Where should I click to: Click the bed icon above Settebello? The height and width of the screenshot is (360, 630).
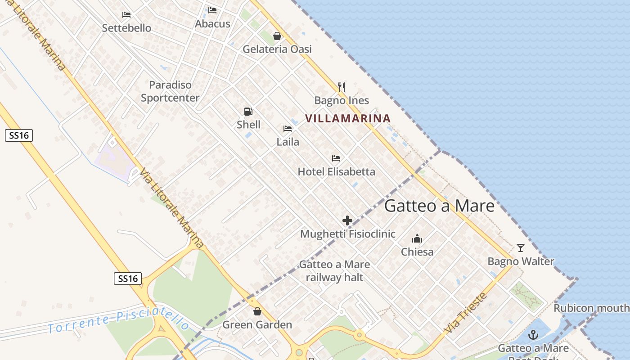pos(126,15)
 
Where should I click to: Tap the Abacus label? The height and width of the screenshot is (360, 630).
pos(212,24)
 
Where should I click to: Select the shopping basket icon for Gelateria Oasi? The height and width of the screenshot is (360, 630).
pos(277,36)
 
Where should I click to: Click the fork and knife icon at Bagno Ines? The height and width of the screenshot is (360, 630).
pos(342,87)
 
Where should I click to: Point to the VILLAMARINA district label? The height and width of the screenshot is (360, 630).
pos(348,119)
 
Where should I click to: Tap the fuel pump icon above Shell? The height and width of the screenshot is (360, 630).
pos(248,112)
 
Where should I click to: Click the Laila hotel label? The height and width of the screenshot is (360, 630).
pos(288,142)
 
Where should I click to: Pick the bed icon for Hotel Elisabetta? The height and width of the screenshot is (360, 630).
pos(336,158)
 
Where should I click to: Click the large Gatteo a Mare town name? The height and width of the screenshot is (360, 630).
pos(439,206)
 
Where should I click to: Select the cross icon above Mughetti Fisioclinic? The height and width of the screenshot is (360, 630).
pos(347,220)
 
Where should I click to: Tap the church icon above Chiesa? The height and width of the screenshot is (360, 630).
pos(417,238)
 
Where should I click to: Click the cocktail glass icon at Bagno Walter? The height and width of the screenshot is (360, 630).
pos(521,248)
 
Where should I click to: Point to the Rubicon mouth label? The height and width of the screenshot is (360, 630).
pos(591,308)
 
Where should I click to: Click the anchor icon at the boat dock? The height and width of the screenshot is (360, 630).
pos(533,335)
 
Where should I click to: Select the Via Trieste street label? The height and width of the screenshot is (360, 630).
pos(465,313)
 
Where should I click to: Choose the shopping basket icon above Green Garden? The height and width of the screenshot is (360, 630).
pos(257,311)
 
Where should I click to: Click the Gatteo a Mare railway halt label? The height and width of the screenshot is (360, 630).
pos(334,271)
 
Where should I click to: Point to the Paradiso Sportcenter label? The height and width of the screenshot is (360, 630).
pos(170,91)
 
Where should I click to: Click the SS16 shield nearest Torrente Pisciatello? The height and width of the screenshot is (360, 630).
pos(127,279)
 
